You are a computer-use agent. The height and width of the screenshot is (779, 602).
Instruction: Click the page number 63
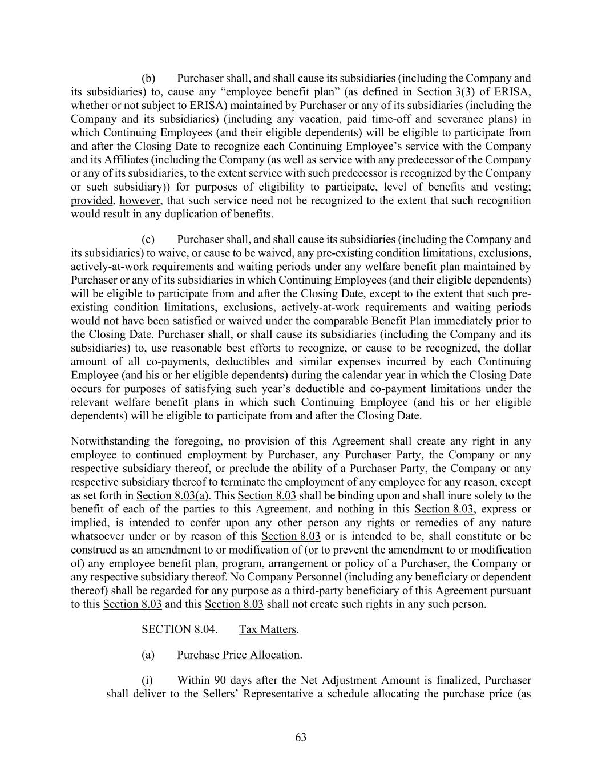301,737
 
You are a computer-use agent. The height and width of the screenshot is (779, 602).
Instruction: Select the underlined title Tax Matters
268,629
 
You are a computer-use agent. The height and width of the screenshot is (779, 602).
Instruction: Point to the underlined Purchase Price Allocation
238,655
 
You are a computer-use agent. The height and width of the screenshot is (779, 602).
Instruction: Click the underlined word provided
92,200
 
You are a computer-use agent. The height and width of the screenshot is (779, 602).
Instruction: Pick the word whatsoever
96,536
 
